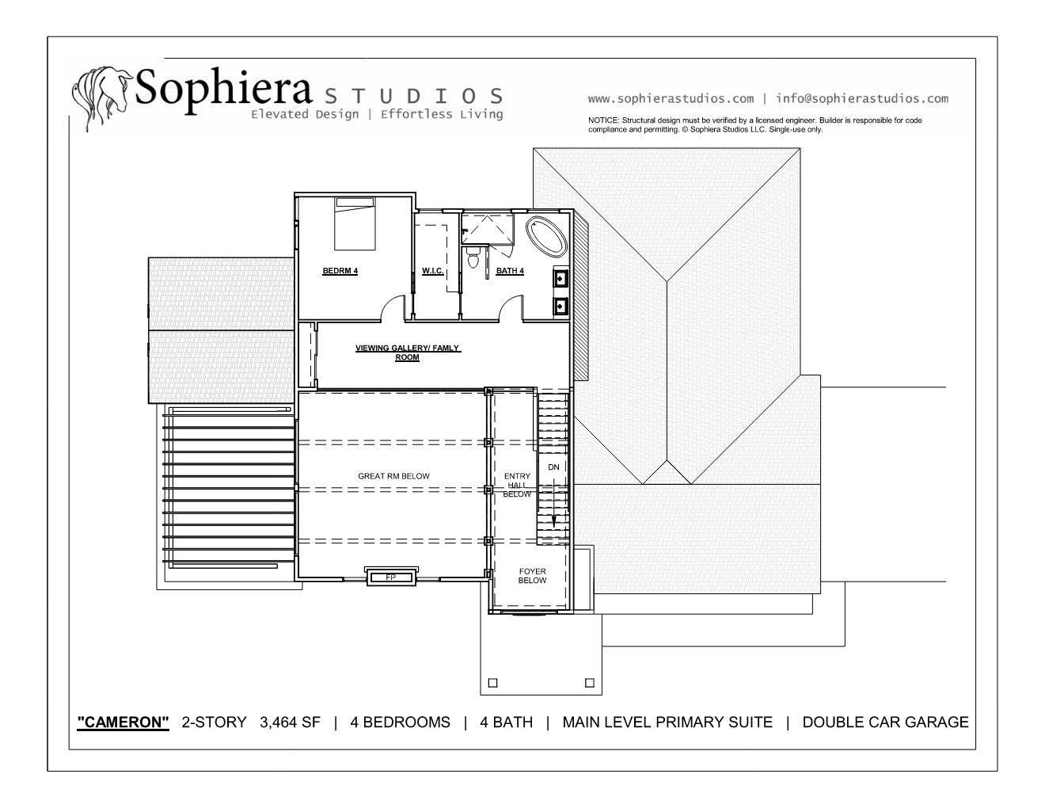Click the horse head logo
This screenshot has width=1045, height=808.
pyautogui.click(x=101, y=97)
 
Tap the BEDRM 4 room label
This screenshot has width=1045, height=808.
pyautogui.click(x=340, y=271)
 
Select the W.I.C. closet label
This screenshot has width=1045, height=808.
pyautogui.click(x=433, y=271)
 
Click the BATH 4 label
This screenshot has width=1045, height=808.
pyautogui.click(x=510, y=271)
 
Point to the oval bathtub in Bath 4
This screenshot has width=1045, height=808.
pyautogui.click(x=546, y=237)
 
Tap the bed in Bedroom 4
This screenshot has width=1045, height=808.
pyautogui.click(x=355, y=223)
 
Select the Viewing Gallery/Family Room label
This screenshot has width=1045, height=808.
pyautogui.click(x=408, y=353)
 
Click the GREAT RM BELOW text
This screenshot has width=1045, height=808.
pyautogui.click(x=394, y=476)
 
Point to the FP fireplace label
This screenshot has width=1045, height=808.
pyautogui.click(x=391, y=577)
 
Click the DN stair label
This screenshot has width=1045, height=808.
pyautogui.click(x=553, y=467)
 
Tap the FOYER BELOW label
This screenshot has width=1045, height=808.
pyautogui.click(x=532, y=576)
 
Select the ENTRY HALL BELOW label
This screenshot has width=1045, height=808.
pyautogui.click(x=517, y=485)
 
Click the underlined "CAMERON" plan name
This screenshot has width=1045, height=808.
pyautogui.click(x=123, y=722)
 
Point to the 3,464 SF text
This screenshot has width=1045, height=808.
pyautogui.click(x=290, y=722)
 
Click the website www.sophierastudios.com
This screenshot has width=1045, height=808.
pyautogui.click(x=671, y=99)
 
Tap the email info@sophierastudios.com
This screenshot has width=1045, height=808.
pyautogui.click(x=862, y=99)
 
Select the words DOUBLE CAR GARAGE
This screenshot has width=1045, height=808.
pyautogui.click(x=885, y=722)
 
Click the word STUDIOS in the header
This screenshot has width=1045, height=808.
pyautogui.click(x=414, y=97)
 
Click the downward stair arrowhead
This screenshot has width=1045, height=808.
pyautogui.click(x=553, y=522)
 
